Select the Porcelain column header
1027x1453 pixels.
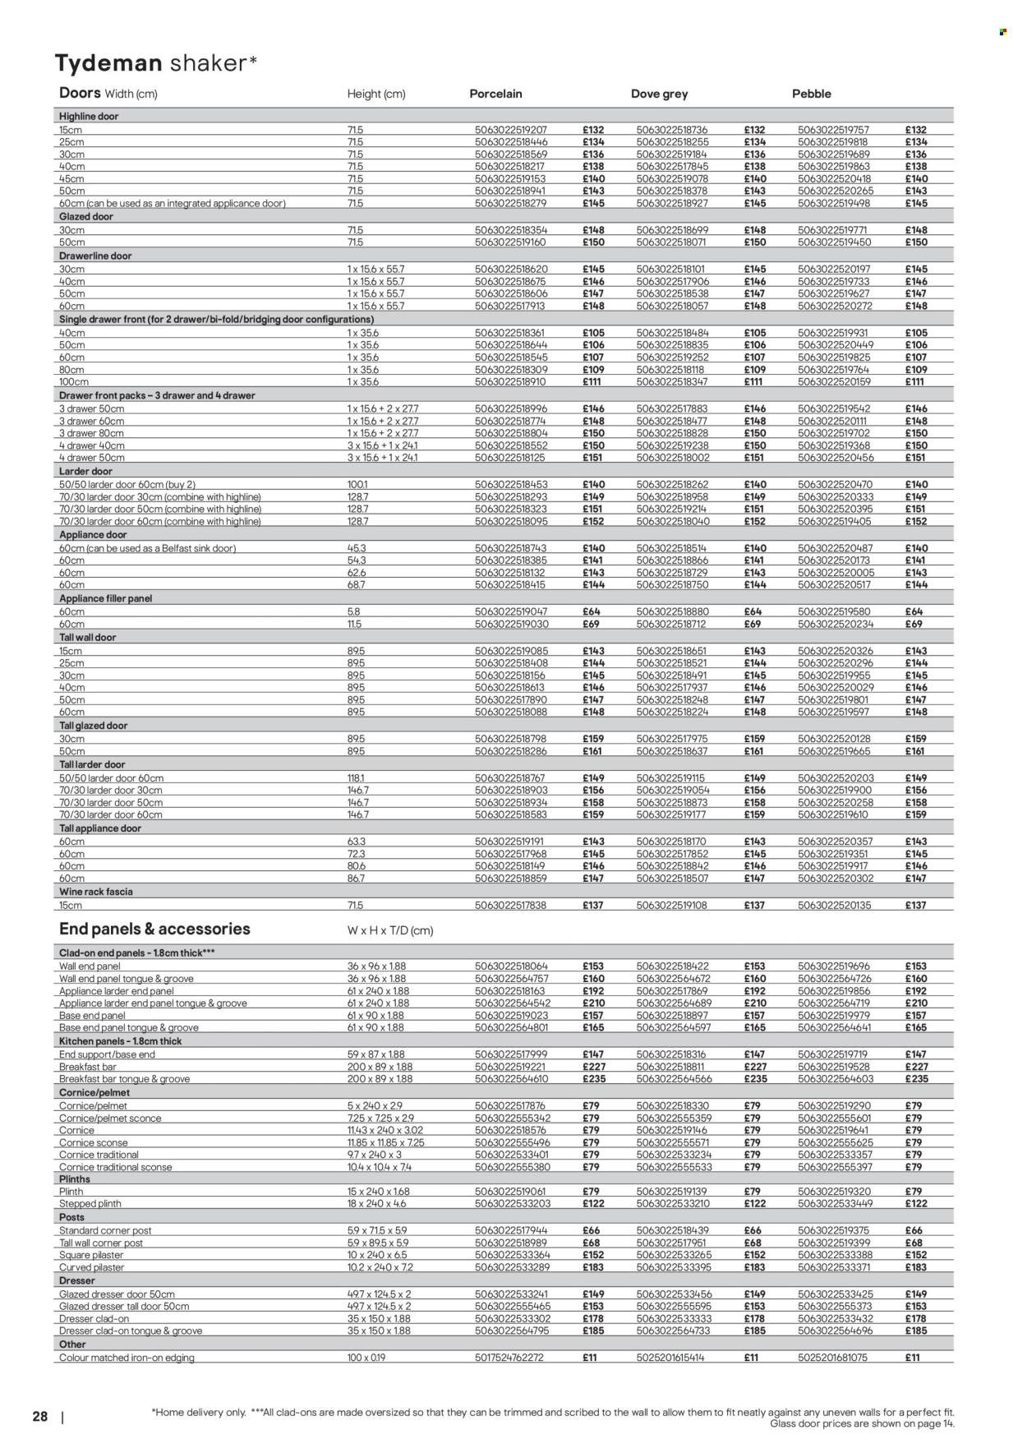click(x=495, y=94)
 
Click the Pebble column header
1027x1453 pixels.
click(x=811, y=94)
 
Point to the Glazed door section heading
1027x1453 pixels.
click(x=85, y=217)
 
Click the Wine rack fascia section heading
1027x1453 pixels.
click(x=96, y=892)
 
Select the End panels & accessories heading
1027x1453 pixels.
click(x=154, y=929)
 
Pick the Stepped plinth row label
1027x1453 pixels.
click(x=90, y=1204)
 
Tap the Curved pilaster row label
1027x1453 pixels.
click(x=91, y=1267)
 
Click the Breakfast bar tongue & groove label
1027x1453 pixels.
click(x=125, y=1079)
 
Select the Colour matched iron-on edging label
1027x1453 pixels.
click(x=127, y=1358)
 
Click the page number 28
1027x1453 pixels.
click(x=40, y=1418)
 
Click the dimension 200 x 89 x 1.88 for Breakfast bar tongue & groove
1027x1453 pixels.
click(x=380, y=1079)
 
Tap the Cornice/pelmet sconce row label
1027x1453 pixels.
click(x=110, y=1119)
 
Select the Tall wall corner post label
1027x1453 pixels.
click(x=101, y=1243)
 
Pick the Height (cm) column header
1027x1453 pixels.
click(x=375, y=95)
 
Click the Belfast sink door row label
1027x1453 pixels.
click(x=148, y=548)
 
